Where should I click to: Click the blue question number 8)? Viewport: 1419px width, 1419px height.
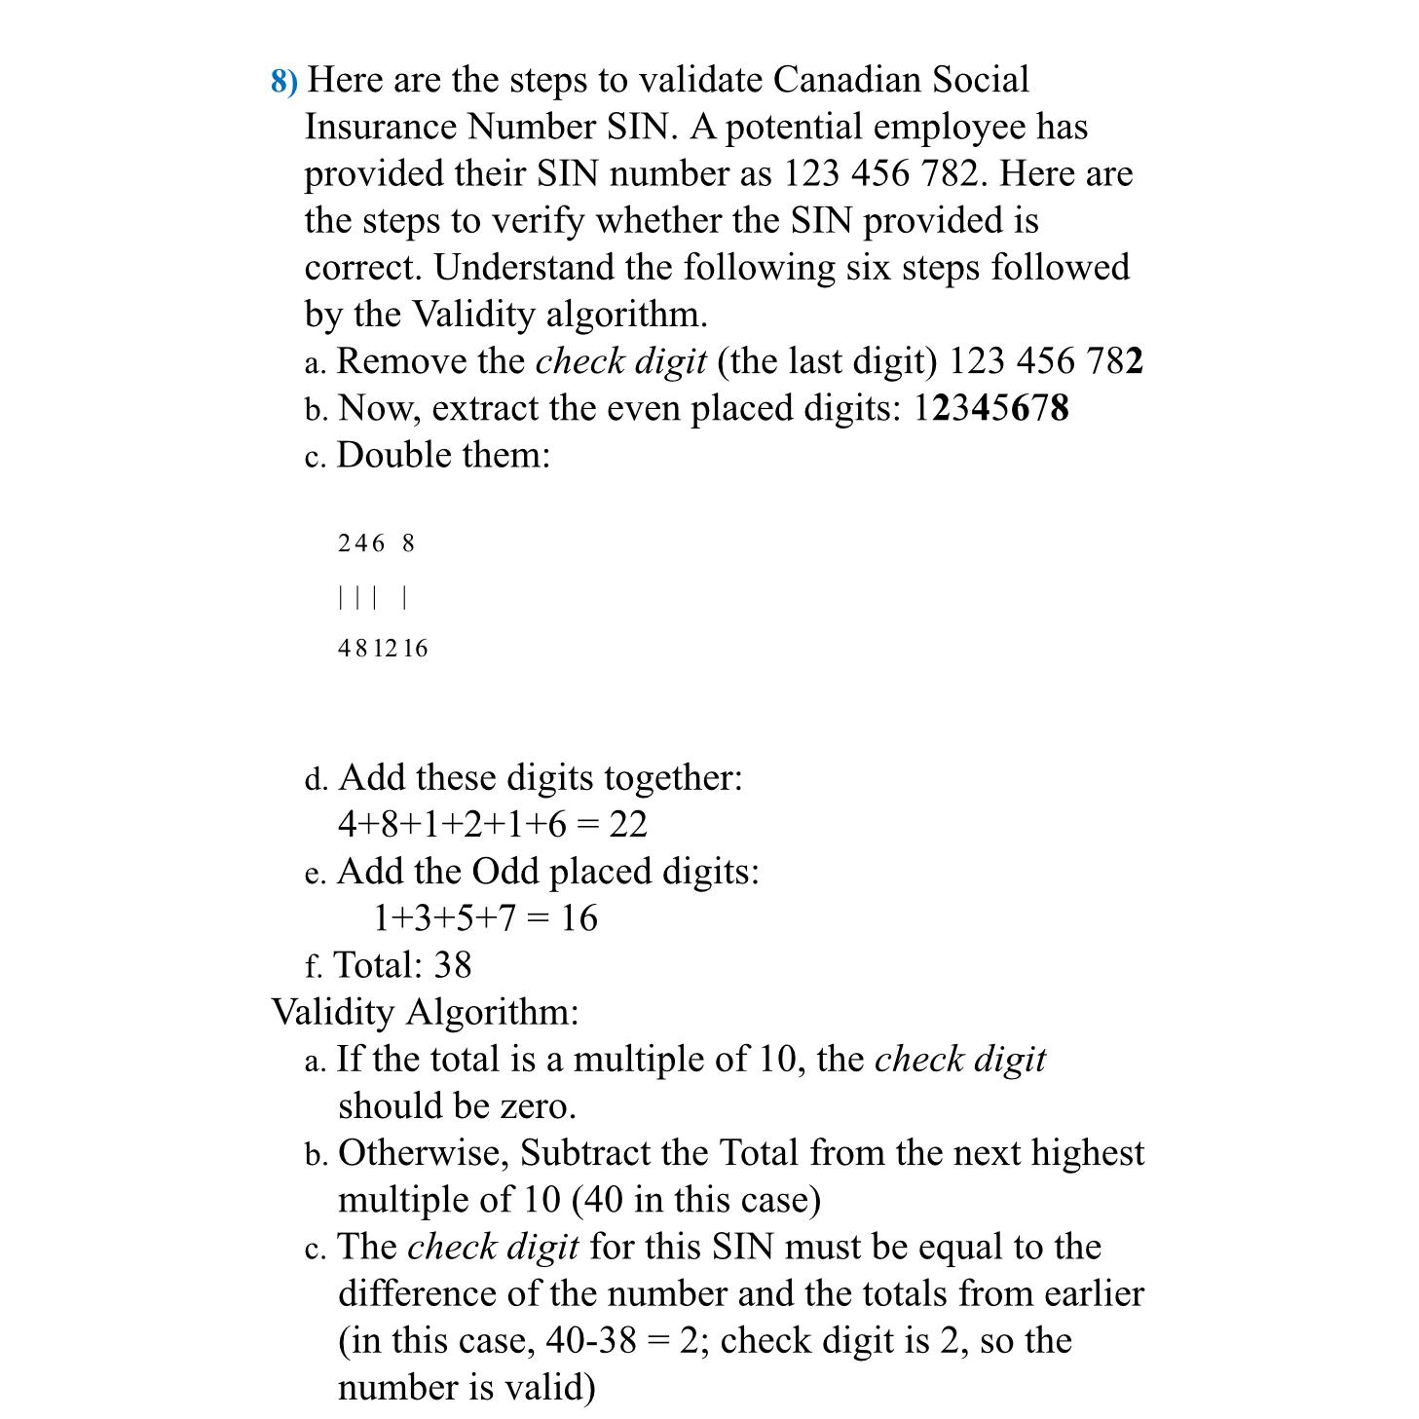click(x=284, y=81)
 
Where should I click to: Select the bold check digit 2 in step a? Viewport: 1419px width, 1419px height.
click(x=1134, y=361)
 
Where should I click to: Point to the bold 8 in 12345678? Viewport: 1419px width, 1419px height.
click(x=1060, y=408)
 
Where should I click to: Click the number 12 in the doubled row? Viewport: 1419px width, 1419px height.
click(x=386, y=649)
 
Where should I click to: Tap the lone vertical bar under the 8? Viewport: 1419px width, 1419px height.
click(x=404, y=597)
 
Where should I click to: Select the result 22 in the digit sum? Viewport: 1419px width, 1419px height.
click(x=628, y=825)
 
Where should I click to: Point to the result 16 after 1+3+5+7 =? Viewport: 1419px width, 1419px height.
click(x=579, y=918)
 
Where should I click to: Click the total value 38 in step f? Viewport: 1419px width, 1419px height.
click(x=452, y=965)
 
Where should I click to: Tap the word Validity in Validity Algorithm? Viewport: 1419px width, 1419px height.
click(x=332, y=1012)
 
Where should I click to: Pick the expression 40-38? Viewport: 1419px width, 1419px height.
click(x=591, y=1341)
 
